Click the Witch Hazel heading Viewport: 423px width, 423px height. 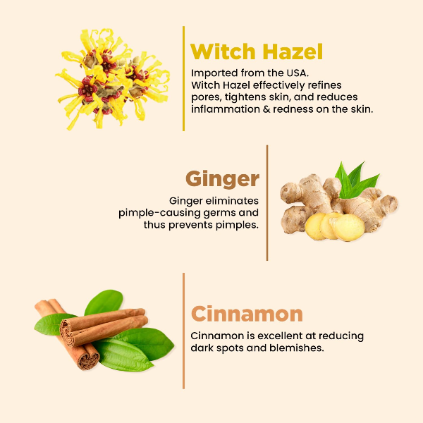pyautogui.click(x=257, y=51)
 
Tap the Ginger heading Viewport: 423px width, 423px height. pyautogui.click(x=222, y=178)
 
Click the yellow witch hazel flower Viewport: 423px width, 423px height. pyautogui.click(x=113, y=78)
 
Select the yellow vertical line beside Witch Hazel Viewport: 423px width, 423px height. pyautogui.click(x=183, y=78)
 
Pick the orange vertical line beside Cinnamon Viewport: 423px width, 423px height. pyautogui.click(x=183, y=331)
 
